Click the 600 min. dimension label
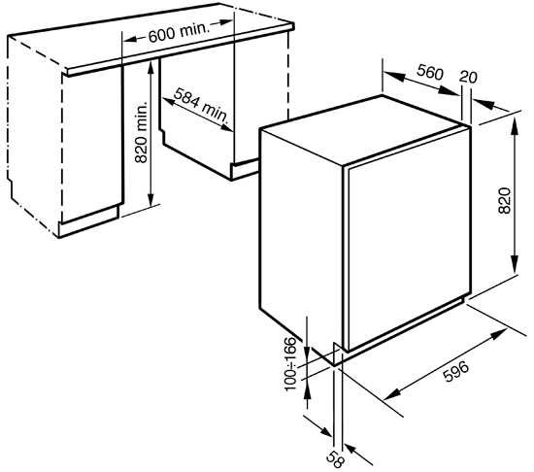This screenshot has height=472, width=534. pos(178,33)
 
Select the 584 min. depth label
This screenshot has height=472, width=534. pos(200,105)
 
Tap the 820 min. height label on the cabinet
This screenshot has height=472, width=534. pos(141,132)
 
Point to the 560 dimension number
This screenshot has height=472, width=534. pos(430,72)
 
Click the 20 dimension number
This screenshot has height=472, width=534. pos(468,77)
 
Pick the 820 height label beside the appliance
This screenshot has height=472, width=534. pos(504,201)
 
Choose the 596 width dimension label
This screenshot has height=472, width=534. pos(455,372)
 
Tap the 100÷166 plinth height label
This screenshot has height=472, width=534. pos(290,363)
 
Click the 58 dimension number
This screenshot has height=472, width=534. pos(335,458)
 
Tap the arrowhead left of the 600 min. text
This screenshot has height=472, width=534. pos(130,39)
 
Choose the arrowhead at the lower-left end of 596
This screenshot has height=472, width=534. pos(391,394)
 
